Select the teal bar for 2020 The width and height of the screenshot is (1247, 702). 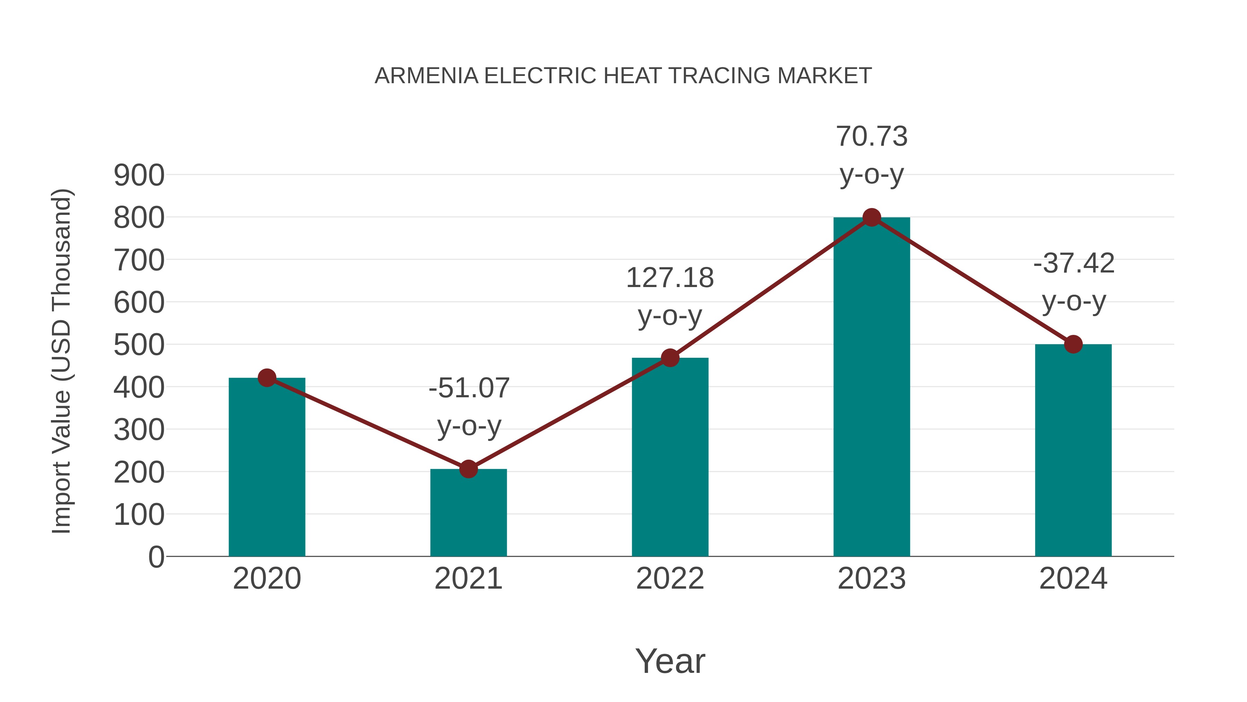267,468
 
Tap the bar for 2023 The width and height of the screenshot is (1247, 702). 872,388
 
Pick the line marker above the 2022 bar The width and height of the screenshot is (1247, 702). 670,358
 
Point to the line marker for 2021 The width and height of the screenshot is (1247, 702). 468,469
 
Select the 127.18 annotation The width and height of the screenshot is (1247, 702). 670,278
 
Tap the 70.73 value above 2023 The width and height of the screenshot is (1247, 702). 872,136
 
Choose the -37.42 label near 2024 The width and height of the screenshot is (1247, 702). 1074,263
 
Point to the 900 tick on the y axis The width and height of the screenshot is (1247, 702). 139,175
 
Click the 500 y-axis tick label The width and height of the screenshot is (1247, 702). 139,345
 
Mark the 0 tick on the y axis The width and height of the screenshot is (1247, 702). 156,557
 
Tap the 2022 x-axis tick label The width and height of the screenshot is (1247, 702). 670,579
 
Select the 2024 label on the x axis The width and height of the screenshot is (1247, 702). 1073,579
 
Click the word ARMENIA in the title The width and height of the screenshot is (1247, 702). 426,76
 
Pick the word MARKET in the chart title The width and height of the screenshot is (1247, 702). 824,76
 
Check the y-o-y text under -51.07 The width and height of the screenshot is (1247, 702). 469,426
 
